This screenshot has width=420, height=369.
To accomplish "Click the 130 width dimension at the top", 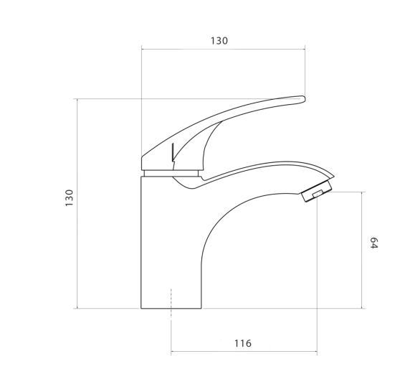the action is click(219, 41).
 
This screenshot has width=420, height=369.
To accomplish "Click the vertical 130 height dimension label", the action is click(70, 198).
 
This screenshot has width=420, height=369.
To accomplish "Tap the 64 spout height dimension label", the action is click(373, 243).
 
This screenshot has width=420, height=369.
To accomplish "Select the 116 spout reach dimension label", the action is click(243, 343).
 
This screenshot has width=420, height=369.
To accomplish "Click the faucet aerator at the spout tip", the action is click(316, 191).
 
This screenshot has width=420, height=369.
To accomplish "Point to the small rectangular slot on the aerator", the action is click(318, 194).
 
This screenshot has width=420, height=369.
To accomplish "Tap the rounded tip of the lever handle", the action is click(303, 99).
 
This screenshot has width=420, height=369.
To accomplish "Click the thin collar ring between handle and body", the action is click(171, 173).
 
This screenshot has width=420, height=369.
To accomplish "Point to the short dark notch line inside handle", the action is click(173, 152).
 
